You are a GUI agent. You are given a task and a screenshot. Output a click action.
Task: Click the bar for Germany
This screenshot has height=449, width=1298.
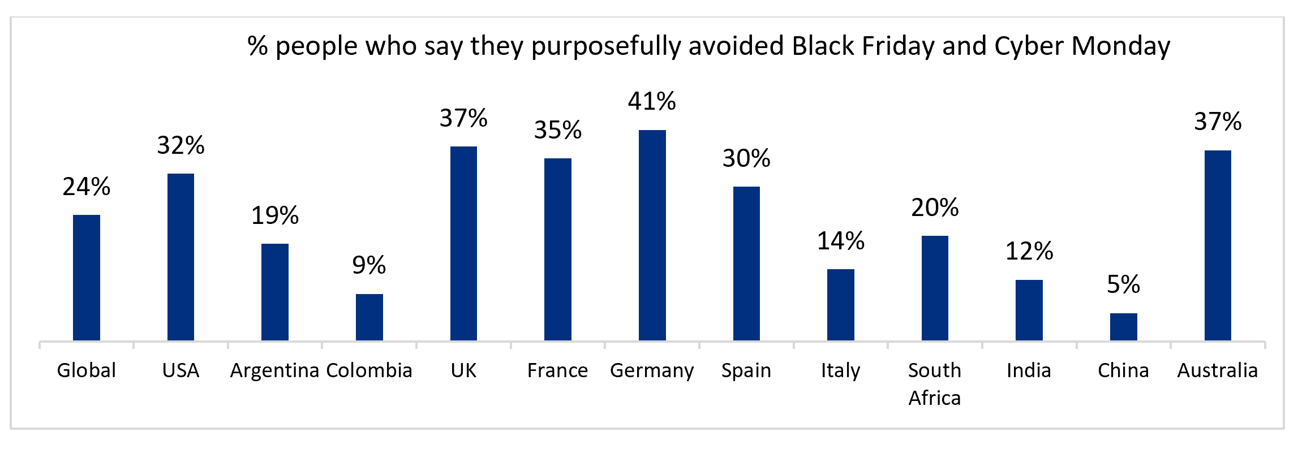(x=652, y=235)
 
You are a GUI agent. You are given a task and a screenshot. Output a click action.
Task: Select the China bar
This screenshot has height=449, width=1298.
(x=1123, y=327)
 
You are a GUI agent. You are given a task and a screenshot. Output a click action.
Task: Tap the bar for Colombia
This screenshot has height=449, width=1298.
(x=369, y=317)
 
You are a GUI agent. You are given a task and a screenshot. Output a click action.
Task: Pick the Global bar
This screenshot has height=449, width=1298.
(x=87, y=278)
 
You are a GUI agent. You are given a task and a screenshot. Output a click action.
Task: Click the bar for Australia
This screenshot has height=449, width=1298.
(x=1218, y=245)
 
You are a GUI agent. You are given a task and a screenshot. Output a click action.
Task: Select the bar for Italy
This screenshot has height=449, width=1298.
(x=840, y=305)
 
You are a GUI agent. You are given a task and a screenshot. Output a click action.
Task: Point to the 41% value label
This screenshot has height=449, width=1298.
(x=652, y=102)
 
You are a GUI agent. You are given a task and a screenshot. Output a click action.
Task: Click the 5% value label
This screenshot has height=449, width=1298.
(x=1123, y=284)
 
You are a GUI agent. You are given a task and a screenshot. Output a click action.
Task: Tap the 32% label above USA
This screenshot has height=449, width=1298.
(x=180, y=146)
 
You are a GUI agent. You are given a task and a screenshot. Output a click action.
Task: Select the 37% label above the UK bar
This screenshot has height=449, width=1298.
(x=463, y=119)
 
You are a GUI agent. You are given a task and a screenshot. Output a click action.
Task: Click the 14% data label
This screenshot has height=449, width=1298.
(x=840, y=241)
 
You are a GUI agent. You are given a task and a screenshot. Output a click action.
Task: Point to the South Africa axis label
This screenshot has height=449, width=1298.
(x=935, y=384)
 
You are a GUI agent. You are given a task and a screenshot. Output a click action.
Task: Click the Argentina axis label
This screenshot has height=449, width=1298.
(x=274, y=371)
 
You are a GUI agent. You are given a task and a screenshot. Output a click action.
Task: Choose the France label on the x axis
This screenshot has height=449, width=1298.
(x=557, y=371)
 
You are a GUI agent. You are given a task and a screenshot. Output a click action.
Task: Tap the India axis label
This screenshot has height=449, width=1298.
(x=1029, y=371)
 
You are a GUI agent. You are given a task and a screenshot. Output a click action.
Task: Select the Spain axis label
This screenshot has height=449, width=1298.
(x=746, y=371)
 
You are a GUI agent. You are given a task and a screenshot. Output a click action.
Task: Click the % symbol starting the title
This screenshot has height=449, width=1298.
(x=257, y=46)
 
